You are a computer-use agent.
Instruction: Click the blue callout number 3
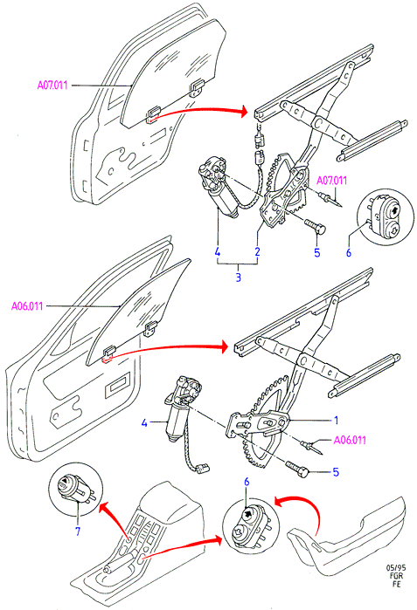point(238,278)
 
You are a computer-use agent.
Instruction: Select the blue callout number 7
point(78,531)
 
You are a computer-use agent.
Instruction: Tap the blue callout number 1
point(336,421)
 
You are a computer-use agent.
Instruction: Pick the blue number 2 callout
point(257,251)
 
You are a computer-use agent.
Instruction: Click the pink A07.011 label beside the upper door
point(52,85)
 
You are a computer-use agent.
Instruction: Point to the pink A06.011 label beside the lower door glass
point(27,306)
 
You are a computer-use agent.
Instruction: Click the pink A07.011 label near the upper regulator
point(331,181)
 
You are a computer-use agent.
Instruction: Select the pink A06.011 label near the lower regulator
point(350,440)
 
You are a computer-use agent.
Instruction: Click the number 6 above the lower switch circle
point(247,482)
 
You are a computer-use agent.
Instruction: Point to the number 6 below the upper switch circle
point(349,252)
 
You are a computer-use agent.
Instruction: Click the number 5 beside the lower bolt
point(336,472)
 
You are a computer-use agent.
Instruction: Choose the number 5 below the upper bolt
point(316,252)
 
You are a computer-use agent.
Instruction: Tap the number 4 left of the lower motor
point(144,422)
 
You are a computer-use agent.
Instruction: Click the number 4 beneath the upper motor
point(218,251)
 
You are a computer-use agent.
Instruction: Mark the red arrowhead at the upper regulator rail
point(244,111)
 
